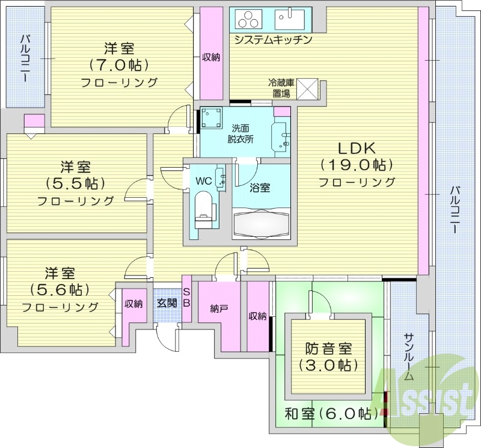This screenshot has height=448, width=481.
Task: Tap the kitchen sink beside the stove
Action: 293,19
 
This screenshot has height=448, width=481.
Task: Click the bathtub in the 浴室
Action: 262,224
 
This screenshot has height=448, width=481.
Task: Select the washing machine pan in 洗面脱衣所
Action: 211,119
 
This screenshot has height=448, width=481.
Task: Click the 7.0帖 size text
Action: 118,64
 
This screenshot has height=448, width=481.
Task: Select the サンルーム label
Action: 408,357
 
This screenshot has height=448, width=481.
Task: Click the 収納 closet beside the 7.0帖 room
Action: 210,58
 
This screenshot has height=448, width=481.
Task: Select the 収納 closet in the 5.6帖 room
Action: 133,304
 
